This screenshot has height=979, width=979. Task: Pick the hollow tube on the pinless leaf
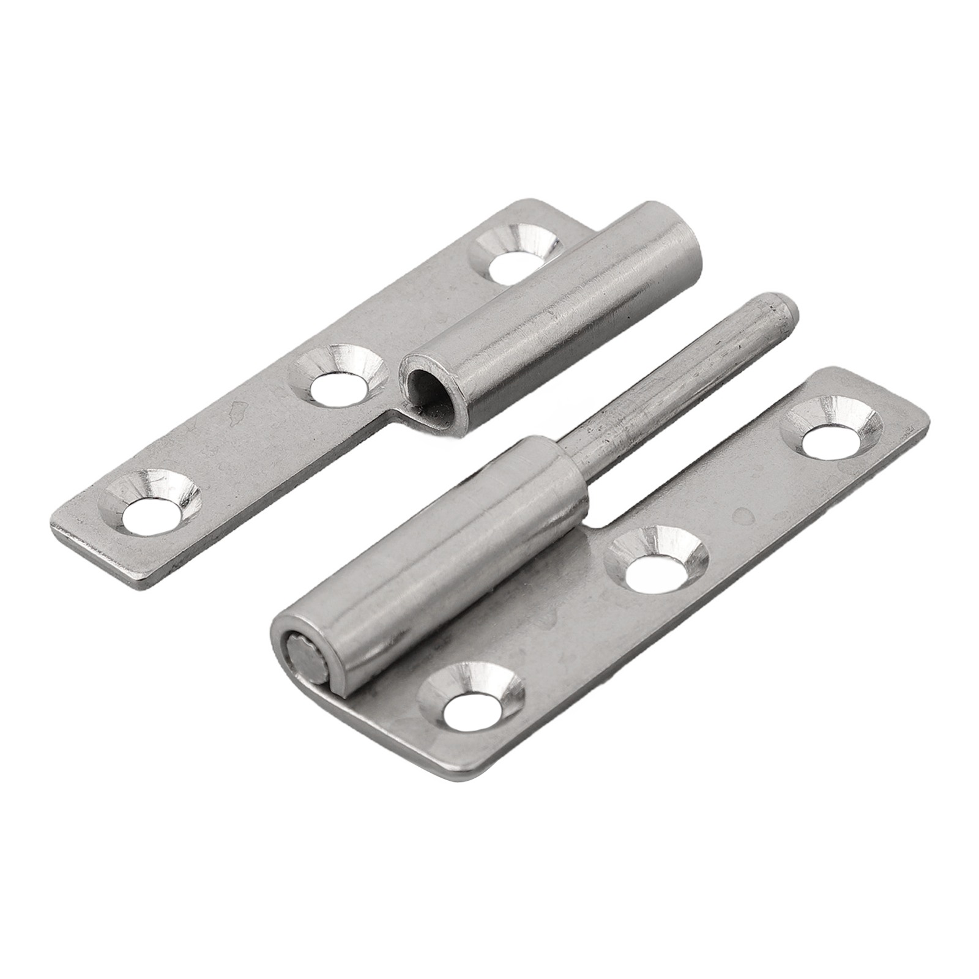tap(551, 318)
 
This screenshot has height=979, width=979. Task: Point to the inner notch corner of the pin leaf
tap(590, 525)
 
